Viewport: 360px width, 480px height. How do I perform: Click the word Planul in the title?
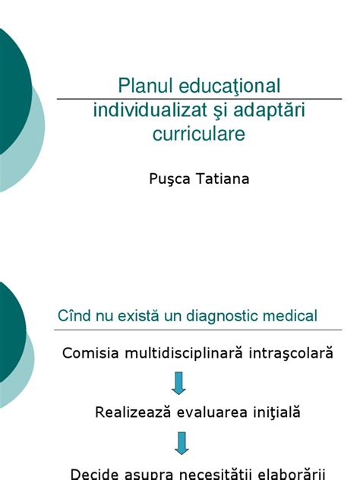tap(143, 84)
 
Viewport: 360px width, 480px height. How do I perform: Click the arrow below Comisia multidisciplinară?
tap(179, 383)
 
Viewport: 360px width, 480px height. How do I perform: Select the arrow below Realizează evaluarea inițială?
tap(179, 443)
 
